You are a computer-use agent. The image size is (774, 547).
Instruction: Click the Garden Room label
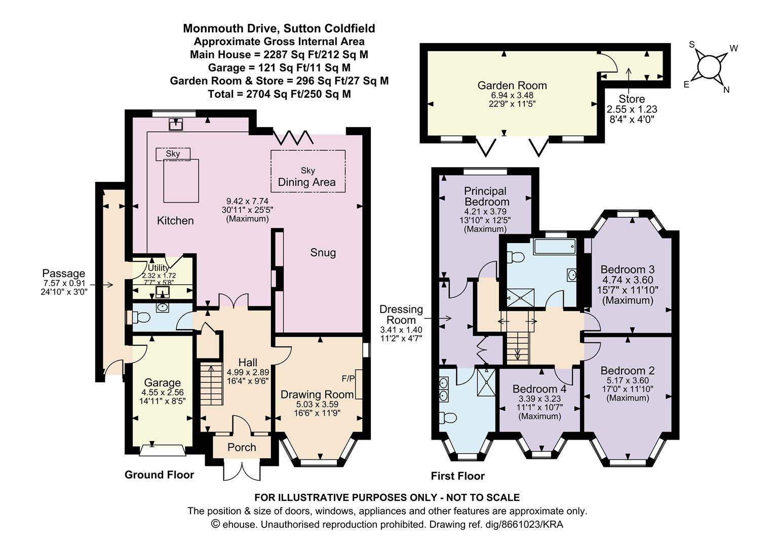pyautogui.click(x=512, y=86)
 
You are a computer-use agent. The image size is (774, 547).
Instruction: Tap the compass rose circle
pyautogui.click(x=708, y=67)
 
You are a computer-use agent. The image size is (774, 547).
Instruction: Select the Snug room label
pyautogui.click(x=323, y=253)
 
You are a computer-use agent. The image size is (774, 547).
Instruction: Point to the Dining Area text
pyautogui.click(x=307, y=182)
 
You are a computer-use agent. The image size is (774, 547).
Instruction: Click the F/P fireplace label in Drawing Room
pyautogui.click(x=349, y=379)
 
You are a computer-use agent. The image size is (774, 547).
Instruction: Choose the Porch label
pyautogui.click(x=242, y=448)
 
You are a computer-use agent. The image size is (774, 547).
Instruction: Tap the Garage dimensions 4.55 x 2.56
pyautogui.click(x=163, y=393)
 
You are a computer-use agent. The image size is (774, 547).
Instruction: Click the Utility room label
pyautogui.click(x=158, y=267)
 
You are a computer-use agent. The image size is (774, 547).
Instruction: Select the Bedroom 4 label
pyautogui.click(x=539, y=389)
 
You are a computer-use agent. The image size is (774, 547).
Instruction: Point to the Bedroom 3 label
pyautogui.click(x=628, y=269)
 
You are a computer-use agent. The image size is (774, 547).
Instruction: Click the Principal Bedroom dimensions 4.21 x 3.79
pyautogui.click(x=485, y=212)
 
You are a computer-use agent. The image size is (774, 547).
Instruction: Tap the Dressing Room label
pyautogui.click(x=401, y=315)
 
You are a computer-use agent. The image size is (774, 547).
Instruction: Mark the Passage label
pyautogui.click(x=64, y=273)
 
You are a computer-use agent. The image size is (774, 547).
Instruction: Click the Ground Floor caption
pyautogui.click(x=159, y=475)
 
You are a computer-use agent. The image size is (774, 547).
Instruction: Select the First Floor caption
pyautogui.click(x=457, y=476)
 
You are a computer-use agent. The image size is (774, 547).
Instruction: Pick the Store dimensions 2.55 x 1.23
pyautogui.click(x=632, y=109)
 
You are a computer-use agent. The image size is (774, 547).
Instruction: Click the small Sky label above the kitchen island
pyautogui.click(x=173, y=153)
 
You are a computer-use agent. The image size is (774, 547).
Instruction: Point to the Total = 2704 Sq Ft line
pyautogui.click(x=279, y=94)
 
